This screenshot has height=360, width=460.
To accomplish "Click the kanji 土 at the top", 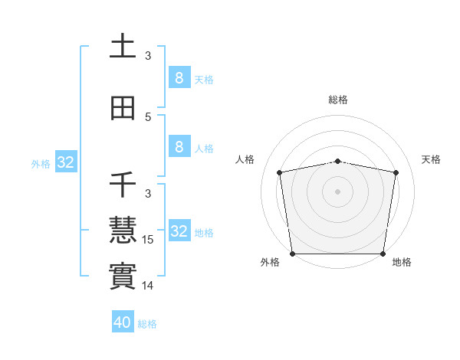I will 123,47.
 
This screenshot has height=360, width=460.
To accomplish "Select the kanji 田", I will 123,109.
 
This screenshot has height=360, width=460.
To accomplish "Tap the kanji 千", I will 123,185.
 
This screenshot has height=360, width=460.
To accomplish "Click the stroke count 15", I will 149,240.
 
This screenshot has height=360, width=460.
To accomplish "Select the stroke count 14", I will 149,286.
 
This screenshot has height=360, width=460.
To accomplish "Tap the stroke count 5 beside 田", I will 149,117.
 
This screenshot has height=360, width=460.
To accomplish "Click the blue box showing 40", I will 123,322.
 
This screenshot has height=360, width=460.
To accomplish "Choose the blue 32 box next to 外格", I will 65,162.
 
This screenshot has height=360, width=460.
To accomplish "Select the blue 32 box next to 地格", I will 179,231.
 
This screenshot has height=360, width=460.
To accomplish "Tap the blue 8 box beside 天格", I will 179,78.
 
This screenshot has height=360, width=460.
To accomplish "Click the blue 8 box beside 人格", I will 179,147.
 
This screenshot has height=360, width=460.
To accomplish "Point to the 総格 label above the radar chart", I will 337,100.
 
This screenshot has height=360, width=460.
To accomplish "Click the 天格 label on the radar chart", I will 431,159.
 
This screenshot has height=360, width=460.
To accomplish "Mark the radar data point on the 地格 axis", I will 383,254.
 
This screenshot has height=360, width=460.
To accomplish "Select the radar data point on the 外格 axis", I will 292,254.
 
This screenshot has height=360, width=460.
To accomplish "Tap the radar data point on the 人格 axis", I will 279,172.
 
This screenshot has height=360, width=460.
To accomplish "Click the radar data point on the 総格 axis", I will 337,161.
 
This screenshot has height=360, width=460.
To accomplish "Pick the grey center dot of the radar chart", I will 337,191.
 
